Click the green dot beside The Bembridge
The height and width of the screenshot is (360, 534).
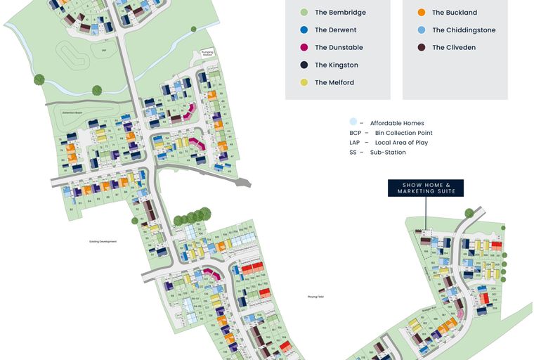pyautogui.click(x=304, y=13)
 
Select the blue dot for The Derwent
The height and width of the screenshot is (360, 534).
pyautogui.click(x=304, y=30)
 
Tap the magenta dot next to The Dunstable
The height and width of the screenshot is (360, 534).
pyautogui.click(x=304, y=48)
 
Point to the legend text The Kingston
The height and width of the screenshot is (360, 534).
pyautogui.click(x=336, y=65)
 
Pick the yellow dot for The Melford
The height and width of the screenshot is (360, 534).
pyautogui.click(x=304, y=83)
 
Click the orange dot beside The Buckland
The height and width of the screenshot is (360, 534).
pyautogui.click(x=421, y=13)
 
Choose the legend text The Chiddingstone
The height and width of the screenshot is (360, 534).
pyautogui.click(x=464, y=30)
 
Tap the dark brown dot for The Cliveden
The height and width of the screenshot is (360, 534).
pyautogui.click(x=421, y=48)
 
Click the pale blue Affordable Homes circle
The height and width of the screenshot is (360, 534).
pyautogui.click(x=353, y=122)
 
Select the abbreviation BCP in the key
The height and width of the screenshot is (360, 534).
pyautogui.click(x=355, y=133)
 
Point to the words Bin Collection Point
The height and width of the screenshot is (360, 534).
pyautogui.click(x=403, y=133)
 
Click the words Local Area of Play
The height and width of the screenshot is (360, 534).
pyautogui.click(x=401, y=143)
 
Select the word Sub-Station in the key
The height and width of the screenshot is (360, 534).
pyautogui.click(x=388, y=153)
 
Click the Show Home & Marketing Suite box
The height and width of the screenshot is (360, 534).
pyautogui.click(x=426, y=188)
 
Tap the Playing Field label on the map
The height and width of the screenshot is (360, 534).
pyautogui.click(x=315, y=297)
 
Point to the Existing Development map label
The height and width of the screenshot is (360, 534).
pyautogui.click(x=103, y=241)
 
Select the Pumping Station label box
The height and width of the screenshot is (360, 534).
pyautogui.click(x=207, y=53)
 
